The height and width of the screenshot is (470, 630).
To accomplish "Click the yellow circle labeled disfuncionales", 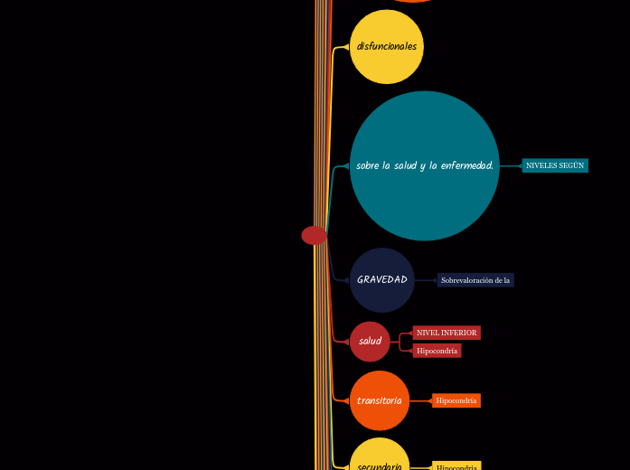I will pos(387,46).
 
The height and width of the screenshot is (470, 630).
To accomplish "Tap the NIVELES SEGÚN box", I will pos(555,165).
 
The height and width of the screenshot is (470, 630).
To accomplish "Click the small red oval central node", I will pos(314,235).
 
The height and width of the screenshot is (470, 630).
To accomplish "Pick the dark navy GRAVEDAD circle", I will pos(382,280).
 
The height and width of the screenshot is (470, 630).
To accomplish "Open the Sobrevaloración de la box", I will pos(475,280).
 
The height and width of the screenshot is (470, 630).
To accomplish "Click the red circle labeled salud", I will pos(370,341).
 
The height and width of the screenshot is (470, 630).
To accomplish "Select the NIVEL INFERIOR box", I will pos(447,333).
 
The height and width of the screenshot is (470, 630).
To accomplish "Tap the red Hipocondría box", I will pos(437,351).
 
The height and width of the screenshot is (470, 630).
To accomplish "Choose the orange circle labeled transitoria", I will pos(380,400).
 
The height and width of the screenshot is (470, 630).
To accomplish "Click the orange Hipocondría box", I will pos(456,400).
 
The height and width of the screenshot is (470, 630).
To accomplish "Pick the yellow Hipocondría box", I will pos(456,466).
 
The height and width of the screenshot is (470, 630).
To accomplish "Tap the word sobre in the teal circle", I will pos(367,165).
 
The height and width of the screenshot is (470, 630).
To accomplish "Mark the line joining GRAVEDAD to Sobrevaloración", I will pos(426,280).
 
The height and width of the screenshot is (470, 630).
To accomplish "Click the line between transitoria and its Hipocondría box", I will pos(421,400).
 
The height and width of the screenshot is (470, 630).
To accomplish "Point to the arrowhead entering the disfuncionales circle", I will pos(346,46).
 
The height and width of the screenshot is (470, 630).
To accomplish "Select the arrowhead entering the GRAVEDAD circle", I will pos(346,280).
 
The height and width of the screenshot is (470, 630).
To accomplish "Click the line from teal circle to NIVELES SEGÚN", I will pos(511,165).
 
